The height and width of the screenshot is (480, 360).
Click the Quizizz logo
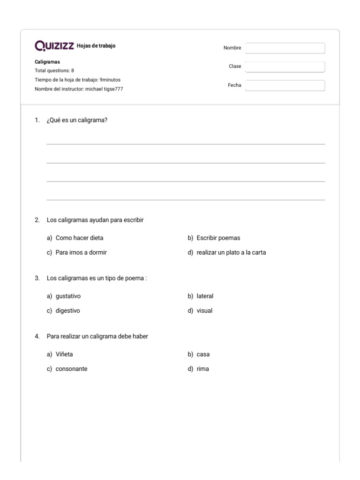coord(54,46)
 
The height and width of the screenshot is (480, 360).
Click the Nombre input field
coord(285,48)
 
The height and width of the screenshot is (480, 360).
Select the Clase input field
coord(285,67)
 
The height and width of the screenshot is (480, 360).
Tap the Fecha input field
coord(285,85)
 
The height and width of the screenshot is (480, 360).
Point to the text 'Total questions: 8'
coord(54,71)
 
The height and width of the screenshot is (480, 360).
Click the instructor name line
coord(79,89)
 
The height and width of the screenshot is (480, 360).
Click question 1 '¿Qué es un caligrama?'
coord(77,120)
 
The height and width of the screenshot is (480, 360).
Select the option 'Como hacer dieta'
coord(79,238)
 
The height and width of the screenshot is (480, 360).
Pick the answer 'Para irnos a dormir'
coord(81,253)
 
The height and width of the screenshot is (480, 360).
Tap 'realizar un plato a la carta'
coord(231,253)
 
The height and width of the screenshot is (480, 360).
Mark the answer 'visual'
coord(204,311)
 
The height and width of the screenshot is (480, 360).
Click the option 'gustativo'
coord(71,296)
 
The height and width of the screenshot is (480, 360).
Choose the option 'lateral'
coord(205,296)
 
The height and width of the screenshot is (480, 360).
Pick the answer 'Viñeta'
coord(64,354)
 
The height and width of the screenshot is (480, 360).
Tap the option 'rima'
coord(202,369)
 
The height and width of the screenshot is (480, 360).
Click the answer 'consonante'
coord(71,369)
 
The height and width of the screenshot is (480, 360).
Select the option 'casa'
coord(203,354)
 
